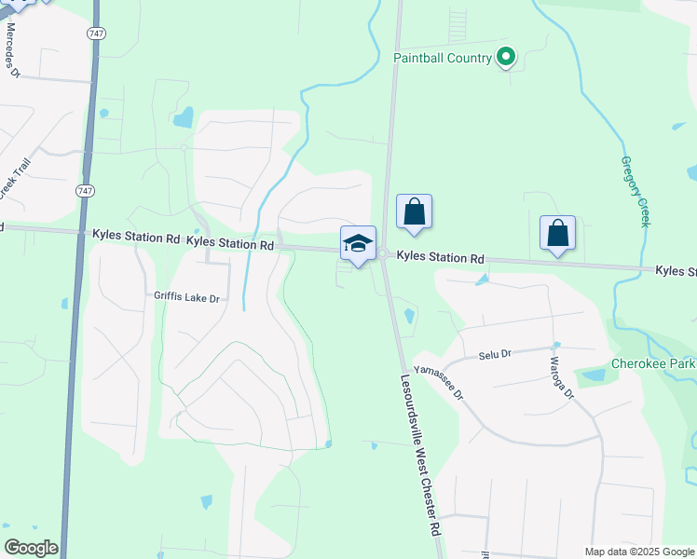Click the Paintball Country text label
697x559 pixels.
click(x=442, y=59)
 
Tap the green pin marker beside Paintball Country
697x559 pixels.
click(x=506, y=58)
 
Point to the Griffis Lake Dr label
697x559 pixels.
click(x=187, y=298)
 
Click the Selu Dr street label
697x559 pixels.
click(x=496, y=354)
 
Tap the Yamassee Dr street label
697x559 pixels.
click(x=439, y=382)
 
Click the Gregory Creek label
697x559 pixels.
click(x=635, y=191)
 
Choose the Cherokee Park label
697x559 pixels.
click(x=653, y=363)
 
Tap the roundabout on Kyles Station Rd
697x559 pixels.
click(x=383, y=253)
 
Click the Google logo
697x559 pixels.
click(x=31, y=548)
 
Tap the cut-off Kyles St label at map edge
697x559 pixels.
click(x=676, y=271)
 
